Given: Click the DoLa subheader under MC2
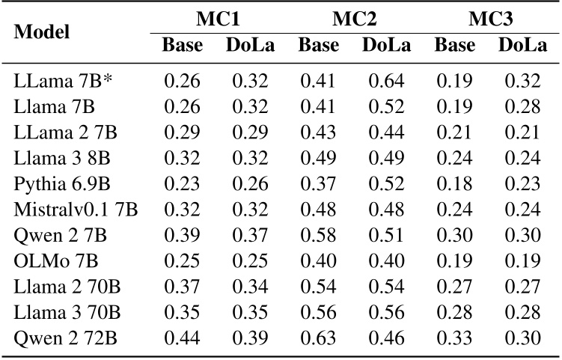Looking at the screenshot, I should coord(386,46).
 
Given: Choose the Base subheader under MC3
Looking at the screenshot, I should coord(455,46).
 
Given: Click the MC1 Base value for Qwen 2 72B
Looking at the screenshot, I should coord(182,339).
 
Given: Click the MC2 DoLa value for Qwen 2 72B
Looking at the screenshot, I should coord(387,339).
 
